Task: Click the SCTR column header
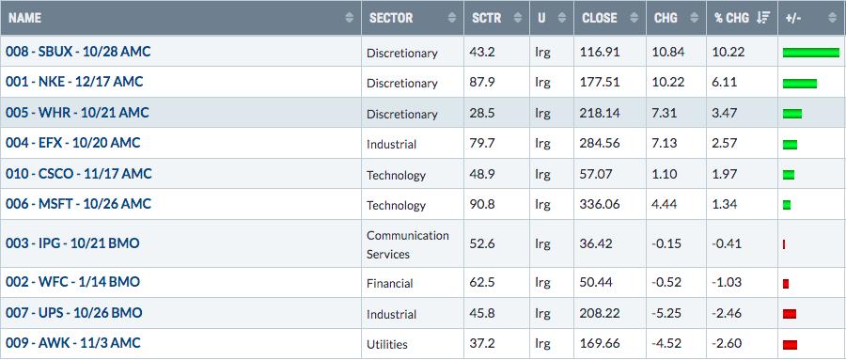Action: point(487,18)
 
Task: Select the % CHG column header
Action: point(731,18)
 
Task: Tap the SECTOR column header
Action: point(391,18)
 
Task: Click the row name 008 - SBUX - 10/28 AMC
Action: point(78,52)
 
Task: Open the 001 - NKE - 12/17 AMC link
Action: point(74,82)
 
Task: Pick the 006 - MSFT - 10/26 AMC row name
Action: point(78,204)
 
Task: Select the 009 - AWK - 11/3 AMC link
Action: point(72,343)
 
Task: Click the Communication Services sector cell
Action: point(407,244)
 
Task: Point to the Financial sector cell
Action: point(389,283)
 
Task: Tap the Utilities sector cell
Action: point(387,344)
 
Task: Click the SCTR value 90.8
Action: point(484,205)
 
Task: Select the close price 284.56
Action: point(600,144)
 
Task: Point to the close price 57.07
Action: point(597,174)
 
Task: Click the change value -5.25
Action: point(666,313)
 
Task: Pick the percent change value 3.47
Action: point(727,114)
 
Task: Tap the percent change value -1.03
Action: point(727,282)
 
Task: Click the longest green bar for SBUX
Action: point(811,53)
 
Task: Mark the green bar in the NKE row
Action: point(800,83)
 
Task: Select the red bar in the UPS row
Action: point(790,314)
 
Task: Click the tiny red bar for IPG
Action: point(784,245)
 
